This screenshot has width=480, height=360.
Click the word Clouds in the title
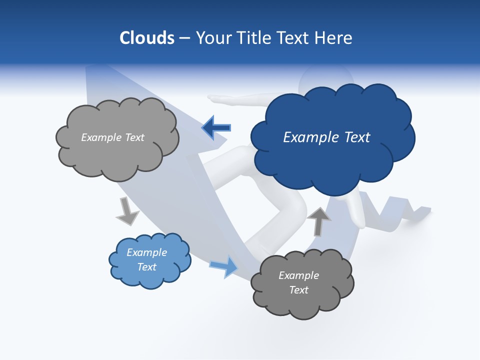pos(147,38)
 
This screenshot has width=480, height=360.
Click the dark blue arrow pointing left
pos(216,128)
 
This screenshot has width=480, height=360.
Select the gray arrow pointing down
pos(127,211)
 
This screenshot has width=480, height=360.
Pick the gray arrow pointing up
pos(318,221)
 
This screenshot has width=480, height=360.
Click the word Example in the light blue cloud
pos(146,252)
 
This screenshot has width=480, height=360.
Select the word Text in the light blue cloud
pos(146,267)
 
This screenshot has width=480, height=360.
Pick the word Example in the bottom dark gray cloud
pos(298,275)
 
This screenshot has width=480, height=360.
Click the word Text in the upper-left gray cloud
pos(133,137)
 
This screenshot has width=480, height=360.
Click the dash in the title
pos(184,38)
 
